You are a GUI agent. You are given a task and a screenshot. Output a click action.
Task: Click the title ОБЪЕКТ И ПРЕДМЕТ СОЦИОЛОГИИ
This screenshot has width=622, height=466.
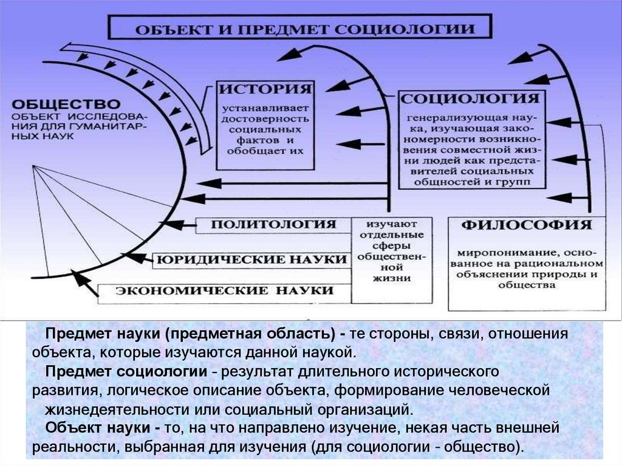point(304,29)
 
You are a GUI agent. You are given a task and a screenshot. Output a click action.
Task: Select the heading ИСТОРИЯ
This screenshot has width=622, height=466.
point(266,89)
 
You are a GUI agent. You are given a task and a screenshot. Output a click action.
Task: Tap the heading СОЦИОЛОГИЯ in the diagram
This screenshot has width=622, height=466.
point(470,98)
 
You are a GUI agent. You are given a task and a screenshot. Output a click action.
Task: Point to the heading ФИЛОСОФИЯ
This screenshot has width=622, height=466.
point(527,225)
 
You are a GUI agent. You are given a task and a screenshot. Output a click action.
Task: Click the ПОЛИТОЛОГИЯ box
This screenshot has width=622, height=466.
point(273,224)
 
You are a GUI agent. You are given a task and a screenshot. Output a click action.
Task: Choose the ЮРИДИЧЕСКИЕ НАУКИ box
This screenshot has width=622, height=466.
point(251,259)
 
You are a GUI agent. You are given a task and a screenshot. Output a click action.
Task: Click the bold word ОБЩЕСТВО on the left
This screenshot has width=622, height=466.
point(66,104)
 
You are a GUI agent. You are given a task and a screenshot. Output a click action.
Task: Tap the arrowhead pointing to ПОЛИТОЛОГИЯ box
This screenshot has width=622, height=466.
point(174,225)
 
